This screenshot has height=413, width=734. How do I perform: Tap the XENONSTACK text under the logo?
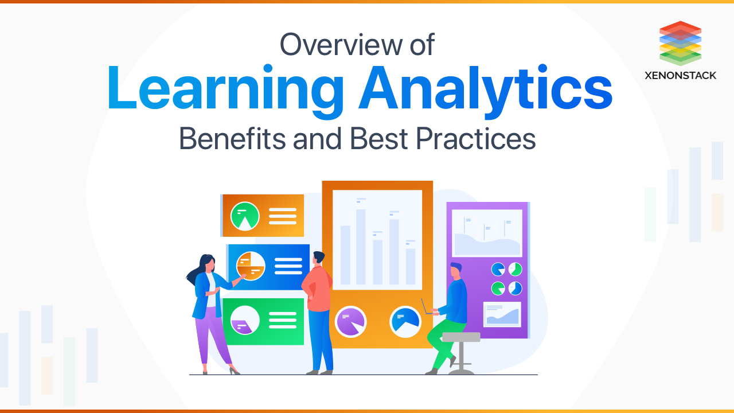[x=680, y=75]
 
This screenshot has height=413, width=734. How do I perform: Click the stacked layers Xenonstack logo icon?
[x=680, y=43]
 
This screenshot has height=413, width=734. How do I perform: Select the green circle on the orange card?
[x=245, y=216]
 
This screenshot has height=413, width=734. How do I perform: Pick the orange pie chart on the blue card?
[x=251, y=266]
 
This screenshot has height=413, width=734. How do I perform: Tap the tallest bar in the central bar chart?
[x=361, y=247]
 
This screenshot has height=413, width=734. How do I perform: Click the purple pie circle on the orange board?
[x=350, y=321]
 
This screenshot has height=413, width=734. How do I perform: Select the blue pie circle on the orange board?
[x=405, y=321]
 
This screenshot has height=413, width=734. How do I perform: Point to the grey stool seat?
[x=461, y=337]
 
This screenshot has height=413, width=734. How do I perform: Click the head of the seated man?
[x=456, y=270]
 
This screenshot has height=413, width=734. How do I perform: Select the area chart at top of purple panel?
[x=487, y=233]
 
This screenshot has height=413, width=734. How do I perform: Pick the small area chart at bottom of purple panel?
[x=502, y=314]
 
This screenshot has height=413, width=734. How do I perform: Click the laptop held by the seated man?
[x=427, y=308]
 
